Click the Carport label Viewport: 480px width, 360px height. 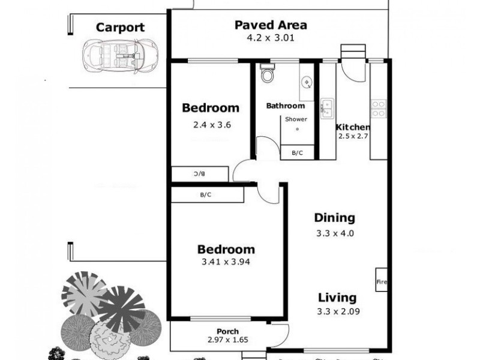pyautogui.click(x=120, y=28)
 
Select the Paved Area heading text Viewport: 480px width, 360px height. pyautogui.click(x=271, y=25)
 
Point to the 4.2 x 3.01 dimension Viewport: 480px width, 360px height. pyautogui.click(x=271, y=37)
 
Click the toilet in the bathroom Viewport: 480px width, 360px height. pyautogui.click(x=267, y=74)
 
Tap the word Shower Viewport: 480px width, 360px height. pyautogui.click(x=296, y=119)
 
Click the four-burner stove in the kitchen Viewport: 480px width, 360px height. pyautogui.click(x=379, y=108)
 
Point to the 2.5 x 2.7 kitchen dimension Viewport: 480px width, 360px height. pyautogui.click(x=352, y=137)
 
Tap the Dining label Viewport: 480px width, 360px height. pyautogui.click(x=334, y=218)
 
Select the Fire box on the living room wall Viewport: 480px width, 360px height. pyautogui.click(x=380, y=280)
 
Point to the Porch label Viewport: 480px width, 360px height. pyautogui.click(x=227, y=332)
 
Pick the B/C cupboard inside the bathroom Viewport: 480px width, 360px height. pyautogui.click(x=297, y=153)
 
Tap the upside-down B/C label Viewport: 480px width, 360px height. pyautogui.click(x=199, y=174)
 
